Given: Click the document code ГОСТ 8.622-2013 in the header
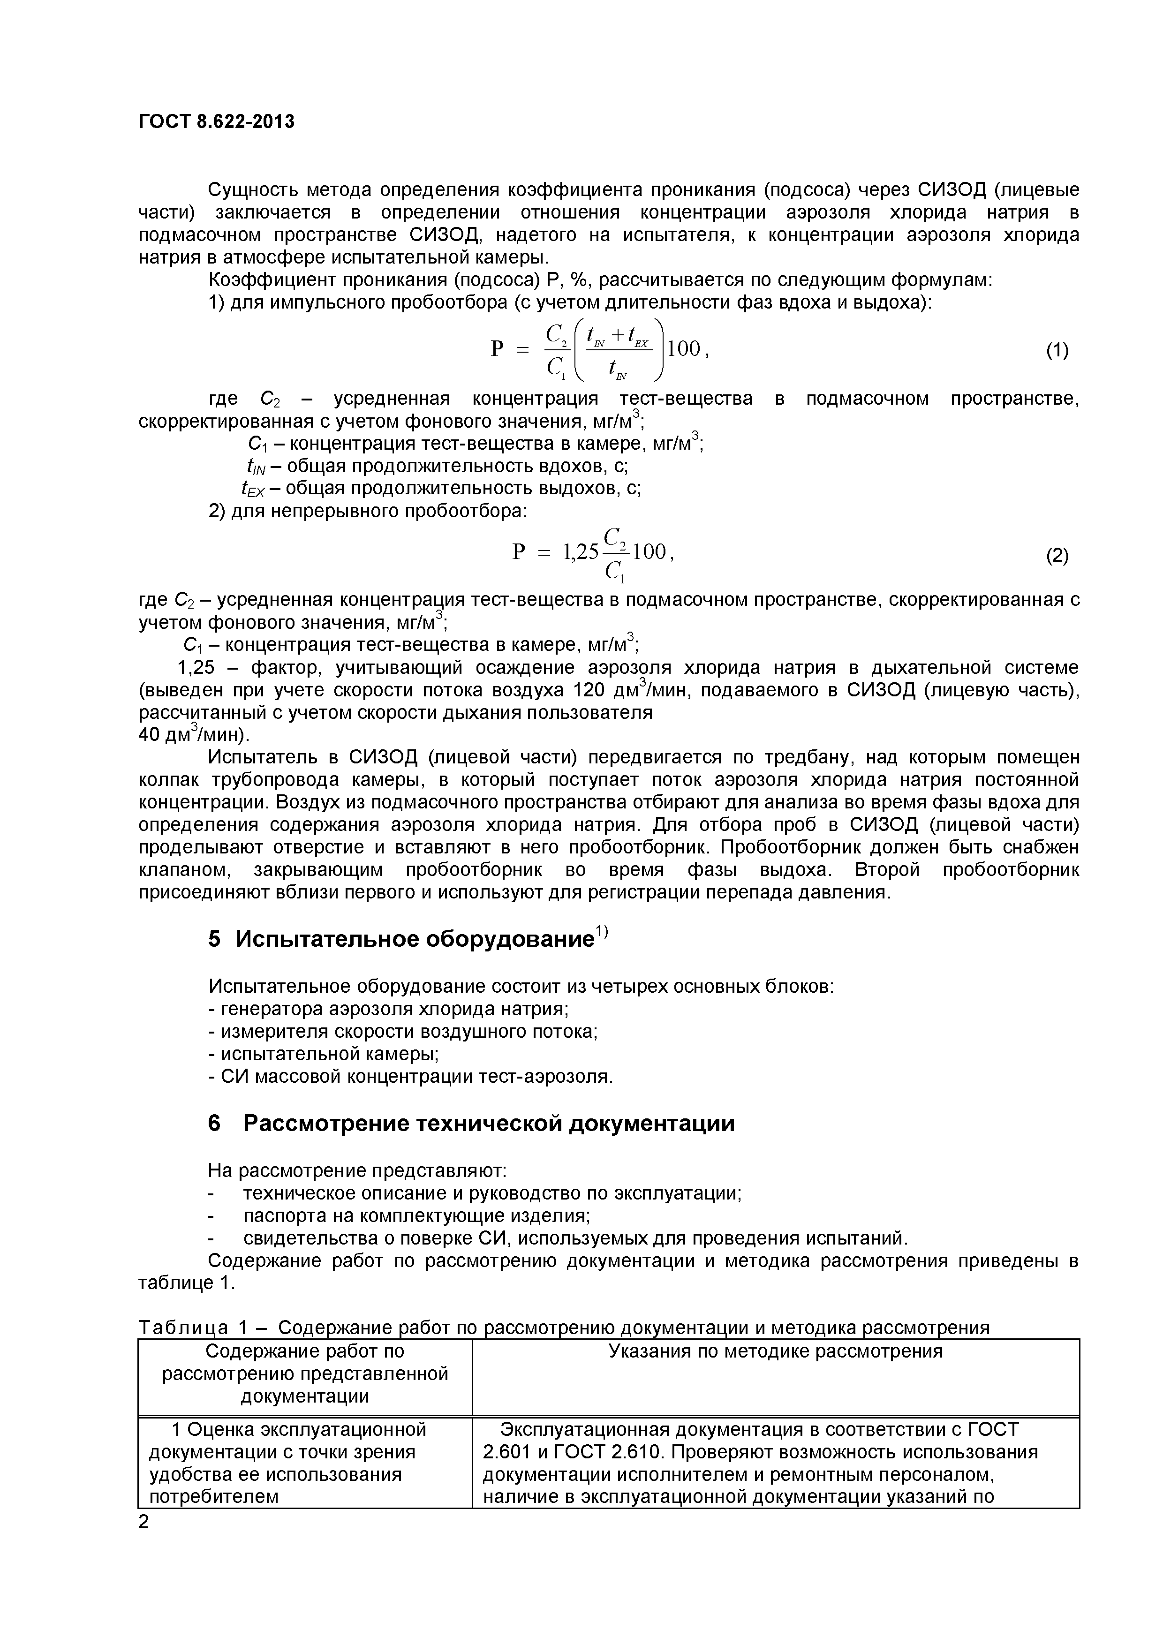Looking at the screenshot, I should (x=216, y=122).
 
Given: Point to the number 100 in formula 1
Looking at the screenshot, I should (x=684, y=349).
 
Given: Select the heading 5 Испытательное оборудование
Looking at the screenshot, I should (x=401, y=939).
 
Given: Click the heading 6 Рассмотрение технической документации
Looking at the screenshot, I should (x=471, y=1123).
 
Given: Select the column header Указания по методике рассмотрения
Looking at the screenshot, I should (x=775, y=1351).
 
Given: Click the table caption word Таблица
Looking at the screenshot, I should (x=183, y=1328).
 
